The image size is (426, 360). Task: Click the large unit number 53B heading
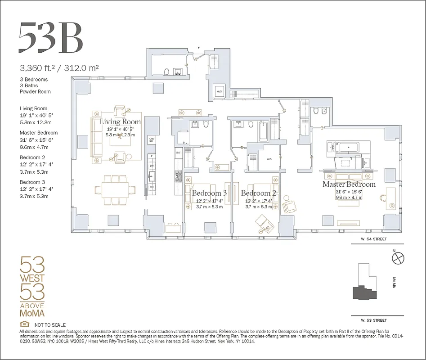pos(50,37)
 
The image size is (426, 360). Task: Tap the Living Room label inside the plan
pos(120,122)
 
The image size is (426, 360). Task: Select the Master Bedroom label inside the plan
pos(349,184)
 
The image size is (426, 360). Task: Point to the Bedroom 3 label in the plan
pos(209,193)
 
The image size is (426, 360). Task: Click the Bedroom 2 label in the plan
pos(258,193)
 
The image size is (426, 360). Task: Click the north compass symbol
pos(398,258)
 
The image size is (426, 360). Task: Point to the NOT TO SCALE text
pos(49,325)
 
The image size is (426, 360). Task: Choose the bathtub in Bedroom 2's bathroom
pos(263,131)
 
